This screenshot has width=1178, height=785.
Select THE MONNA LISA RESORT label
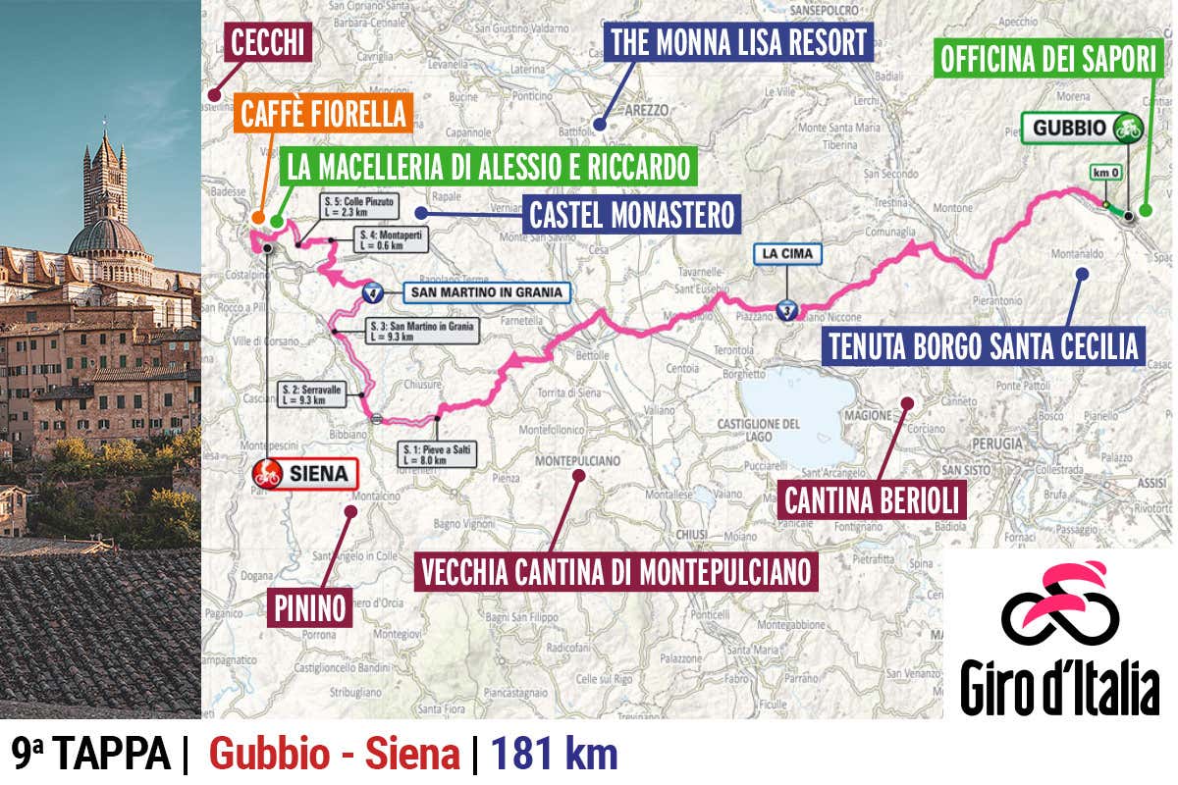click(738, 43)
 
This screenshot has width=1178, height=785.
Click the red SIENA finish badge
click(303, 475)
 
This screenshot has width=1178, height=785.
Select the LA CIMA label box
click(787, 254)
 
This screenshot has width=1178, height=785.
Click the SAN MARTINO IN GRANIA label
click(485, 292)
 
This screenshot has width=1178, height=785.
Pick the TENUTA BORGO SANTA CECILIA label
click(983, 346)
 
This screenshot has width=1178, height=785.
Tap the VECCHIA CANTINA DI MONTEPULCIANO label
click(616, 570)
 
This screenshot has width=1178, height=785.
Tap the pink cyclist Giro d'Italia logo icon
click(1060, 602)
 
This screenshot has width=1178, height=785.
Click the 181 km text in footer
click(555, 755)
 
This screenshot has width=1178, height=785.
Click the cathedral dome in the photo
click(105, 238)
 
